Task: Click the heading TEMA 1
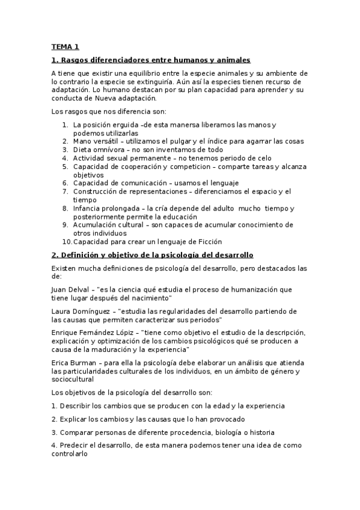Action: point(65,46)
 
